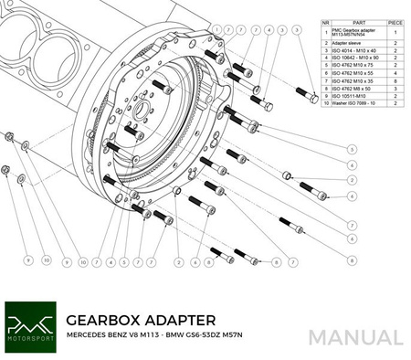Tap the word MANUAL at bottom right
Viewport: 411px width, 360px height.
pyautogui.click(x=355, y=337)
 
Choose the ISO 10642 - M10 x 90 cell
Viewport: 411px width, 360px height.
pyautogui.click(x=357, y=58)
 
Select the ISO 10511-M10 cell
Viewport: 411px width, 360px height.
pyautogui.click(x=351, y=95)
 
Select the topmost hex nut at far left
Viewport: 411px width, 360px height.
pyautogui.click(x=8, y=138)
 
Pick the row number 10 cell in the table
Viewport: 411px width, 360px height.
pyautogui.click(x=325, y=102)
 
